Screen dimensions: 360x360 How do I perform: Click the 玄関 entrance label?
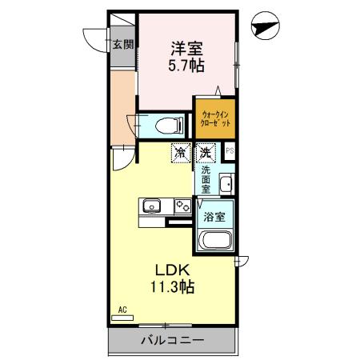(x=122, y=45)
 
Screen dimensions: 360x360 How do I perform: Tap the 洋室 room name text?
(x=186, y=47)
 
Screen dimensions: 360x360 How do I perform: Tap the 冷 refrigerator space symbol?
(x=181, y=150)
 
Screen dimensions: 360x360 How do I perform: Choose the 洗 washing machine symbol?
(x=205, y=150)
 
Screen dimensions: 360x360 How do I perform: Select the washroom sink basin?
(x=226, y=184)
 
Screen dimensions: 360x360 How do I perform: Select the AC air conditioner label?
(x=122, y=309)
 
